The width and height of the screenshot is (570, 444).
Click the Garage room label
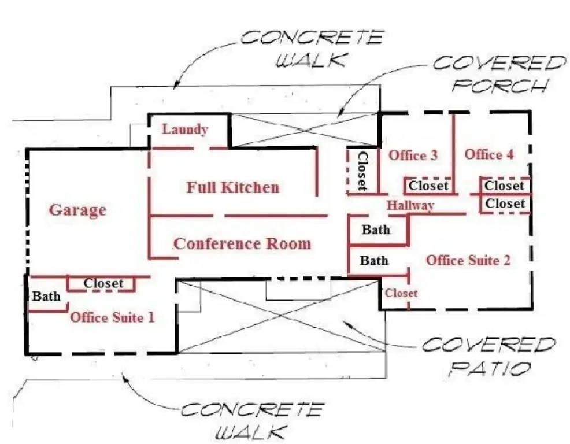(x=77, y=210)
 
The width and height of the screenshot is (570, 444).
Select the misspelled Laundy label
(x=185, y=129)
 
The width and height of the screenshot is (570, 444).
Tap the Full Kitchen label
(x=232, y=187)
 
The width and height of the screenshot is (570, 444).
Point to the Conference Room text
(x=242, y=243)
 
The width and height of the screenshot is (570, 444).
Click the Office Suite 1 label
(x=112, y=317)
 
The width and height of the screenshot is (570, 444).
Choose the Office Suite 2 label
(x=468, y=260)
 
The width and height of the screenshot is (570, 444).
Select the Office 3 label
(x=413, y=155)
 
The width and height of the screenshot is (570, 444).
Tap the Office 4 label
(x=489, y=154)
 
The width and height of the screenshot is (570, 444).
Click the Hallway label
(x=410, y=205)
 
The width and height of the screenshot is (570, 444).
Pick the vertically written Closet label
(x=362, y=171)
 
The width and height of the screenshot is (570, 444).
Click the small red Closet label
(x=401, y=293)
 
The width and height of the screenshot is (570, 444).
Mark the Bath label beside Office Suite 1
(x=46, y=297)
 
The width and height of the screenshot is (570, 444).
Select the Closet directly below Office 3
(x=428, y=186)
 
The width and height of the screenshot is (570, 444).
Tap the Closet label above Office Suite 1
(x=103, y=283)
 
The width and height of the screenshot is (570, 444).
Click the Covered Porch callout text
(x=498, y=74)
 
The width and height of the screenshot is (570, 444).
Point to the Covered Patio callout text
(x=488, y=356)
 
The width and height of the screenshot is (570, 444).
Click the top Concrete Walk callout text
(x=311, y=49)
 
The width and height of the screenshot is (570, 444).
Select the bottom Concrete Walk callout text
(x=251, y=421)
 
